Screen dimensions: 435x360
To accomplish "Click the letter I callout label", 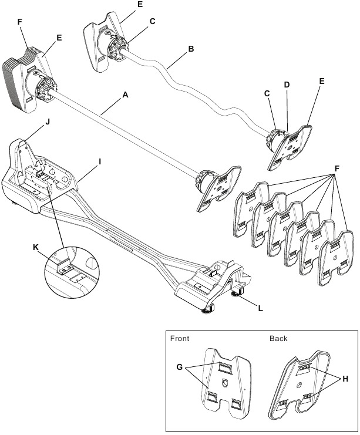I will coord(100,159).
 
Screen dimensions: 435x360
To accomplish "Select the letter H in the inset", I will coord(345,379).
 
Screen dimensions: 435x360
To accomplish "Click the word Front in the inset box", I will coord(180,339).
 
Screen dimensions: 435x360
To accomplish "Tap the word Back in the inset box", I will coord(278,339).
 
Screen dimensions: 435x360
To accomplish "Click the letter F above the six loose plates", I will coord(336,168).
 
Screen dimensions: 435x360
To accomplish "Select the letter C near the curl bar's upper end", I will coord(152,22).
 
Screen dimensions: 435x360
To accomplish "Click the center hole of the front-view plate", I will coord(226,383).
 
